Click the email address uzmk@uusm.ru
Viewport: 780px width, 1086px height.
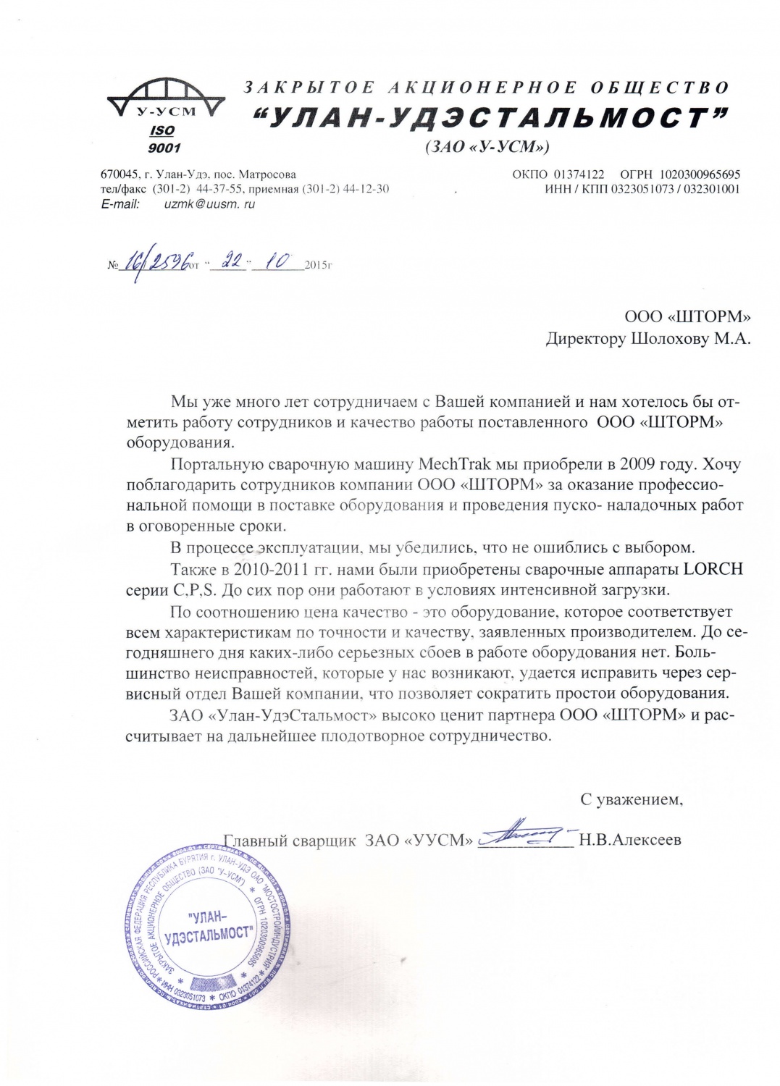coord(209,204)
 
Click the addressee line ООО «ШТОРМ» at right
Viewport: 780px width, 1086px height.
coord(687,316)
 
